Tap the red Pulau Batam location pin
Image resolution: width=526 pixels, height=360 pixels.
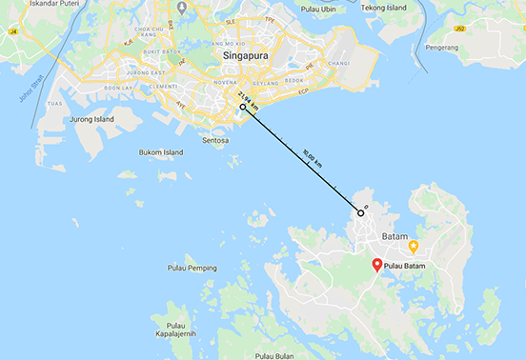click(376, 267)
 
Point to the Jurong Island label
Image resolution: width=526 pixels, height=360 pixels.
click(91, 119)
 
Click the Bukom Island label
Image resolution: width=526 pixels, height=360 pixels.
click(161, 151)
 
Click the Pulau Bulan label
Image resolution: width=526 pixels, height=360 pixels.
click(277, 355)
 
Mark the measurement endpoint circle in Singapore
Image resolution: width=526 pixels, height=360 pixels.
click(243, 108)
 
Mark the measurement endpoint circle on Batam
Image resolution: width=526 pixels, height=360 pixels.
click(361, 213)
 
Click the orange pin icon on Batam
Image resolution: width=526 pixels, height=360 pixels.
click(414, 246)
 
